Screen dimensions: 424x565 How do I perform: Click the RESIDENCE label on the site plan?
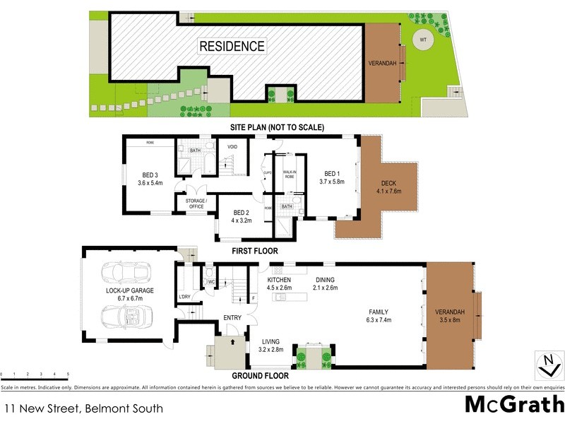pos(232,47)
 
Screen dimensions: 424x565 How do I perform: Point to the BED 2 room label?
pos(242,213)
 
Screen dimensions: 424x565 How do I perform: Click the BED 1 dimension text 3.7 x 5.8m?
pos(332,182)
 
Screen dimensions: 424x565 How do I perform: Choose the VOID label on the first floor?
pos(232,147)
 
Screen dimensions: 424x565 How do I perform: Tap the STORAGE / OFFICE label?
pos(196,204)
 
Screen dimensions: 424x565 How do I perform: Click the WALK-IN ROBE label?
pos(289,174)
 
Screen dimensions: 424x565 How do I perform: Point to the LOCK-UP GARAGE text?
pos(130,290)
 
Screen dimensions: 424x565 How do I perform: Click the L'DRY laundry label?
pos(184,295)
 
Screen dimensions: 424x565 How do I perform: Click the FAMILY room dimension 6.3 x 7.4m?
pos(375,319)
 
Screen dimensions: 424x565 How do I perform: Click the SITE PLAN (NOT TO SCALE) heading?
pos(276,128)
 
